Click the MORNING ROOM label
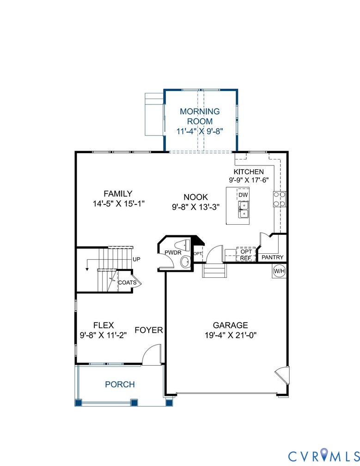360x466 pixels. pos(200,116)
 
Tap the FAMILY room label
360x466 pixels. pos(118,194)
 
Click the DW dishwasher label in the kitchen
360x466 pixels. pos(244,195)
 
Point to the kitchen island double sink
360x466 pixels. pos(243,210)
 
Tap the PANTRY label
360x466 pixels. pos(273,258)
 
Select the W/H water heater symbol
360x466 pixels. pos(279,271)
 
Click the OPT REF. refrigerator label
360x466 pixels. pos(245,254)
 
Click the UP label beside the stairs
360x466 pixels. pos(136,260)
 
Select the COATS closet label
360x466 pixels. pos(127,282)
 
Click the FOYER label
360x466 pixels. pos(149,330)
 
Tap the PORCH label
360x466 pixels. pos(120,384)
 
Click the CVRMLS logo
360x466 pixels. pos(323,455)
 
